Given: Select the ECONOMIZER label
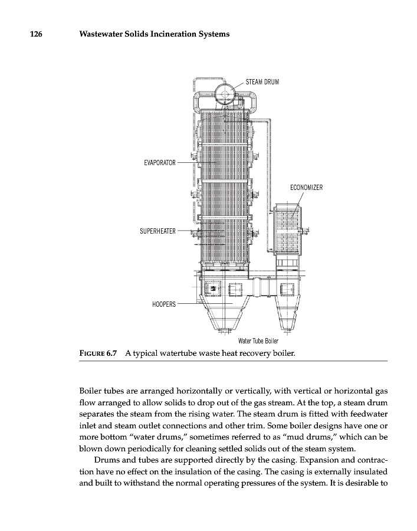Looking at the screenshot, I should point(306,188).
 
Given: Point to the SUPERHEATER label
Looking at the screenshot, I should point(157,231).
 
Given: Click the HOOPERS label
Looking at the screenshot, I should point(164,304).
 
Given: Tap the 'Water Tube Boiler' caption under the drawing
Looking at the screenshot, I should point(258,341).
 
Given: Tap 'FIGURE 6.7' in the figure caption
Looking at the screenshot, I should point(98,353).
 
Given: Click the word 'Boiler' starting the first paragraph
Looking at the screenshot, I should point(91,391).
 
